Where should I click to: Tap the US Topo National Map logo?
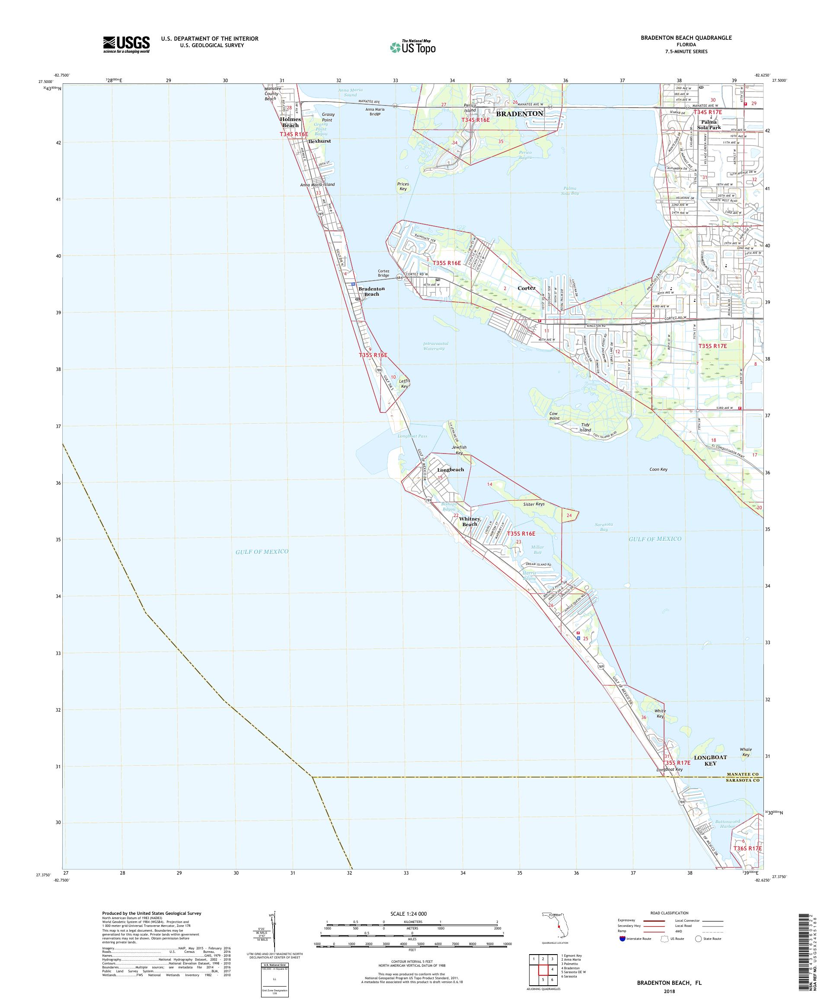pyautogui.click(x=412, y=47)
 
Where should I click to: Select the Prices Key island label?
pyautogui.click(x=402, y=187)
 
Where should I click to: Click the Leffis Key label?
pyautogui.click(x=404, y=383)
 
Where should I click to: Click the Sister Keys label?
pyautogui.click(x=533, y=504)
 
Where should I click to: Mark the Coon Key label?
pyautogui.click(x=658, y=470)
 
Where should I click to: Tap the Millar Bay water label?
pyautogui.click(x=537, y=549)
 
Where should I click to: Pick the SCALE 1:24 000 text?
pyautogui.click(x=412, y=914)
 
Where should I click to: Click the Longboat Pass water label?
pyautogui.click(x=412, y=436)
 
